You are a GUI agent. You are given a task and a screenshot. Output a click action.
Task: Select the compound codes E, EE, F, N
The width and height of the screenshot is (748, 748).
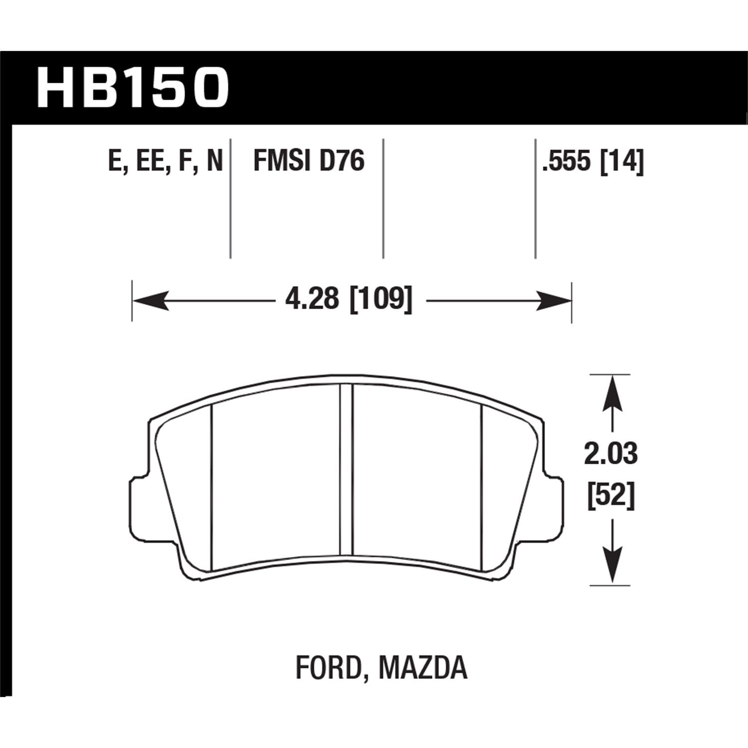165,161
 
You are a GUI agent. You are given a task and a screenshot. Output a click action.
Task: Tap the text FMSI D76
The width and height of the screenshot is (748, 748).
309,161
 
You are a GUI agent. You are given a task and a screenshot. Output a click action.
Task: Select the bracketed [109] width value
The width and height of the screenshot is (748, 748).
382,301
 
